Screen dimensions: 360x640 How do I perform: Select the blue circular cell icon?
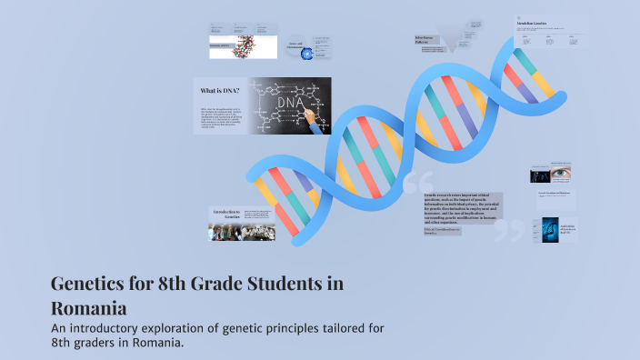[x=307, y=55]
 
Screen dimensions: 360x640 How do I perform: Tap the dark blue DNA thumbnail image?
[x=549, y=229]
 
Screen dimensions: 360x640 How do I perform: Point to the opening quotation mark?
[x=419, y=182]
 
